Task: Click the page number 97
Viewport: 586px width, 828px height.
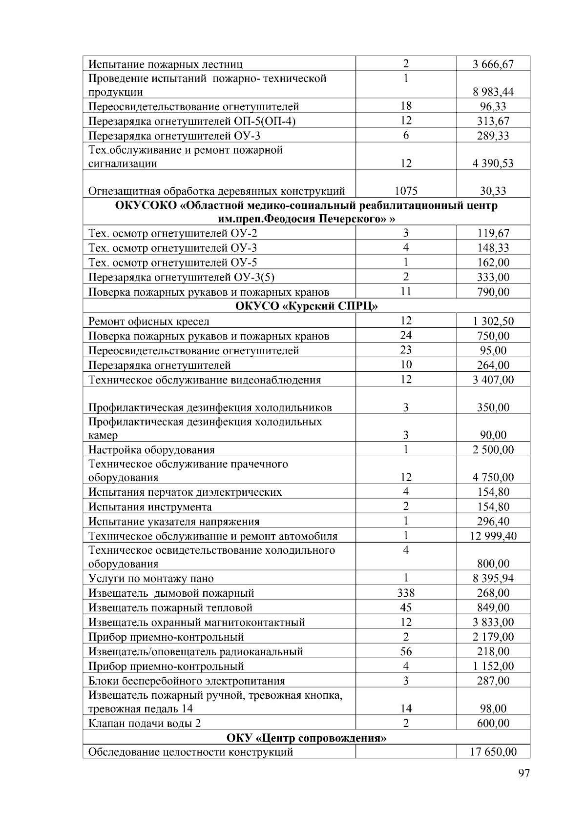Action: tap(523, 773)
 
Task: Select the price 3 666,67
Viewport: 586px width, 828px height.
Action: tap(493, 64)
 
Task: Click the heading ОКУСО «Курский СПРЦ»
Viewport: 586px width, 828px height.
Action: tap(306, 306)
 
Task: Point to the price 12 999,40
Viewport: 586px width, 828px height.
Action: tap(493, 536)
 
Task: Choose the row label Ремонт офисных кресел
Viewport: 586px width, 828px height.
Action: tap(148, 322)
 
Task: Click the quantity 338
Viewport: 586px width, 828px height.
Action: tap(406, 593)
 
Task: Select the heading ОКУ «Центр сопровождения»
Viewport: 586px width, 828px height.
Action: tap(306, 738)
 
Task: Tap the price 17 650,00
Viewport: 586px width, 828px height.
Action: tap(493, 752)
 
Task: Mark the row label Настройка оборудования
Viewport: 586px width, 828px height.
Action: tap(151, 450)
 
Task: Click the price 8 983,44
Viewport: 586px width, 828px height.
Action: tap(493, 92)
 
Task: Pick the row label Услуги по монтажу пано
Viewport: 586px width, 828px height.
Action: tap(151, 579)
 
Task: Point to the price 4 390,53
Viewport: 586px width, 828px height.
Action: tap(493, 163)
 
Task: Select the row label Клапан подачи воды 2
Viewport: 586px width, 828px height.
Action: tap(145, 723)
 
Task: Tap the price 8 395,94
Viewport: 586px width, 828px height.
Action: tap(493, 579)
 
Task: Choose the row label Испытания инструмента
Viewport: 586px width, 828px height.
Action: tap(150, 507)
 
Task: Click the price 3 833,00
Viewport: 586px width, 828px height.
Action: tap(493, 623)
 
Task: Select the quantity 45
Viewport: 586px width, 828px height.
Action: tap(406, 608)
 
